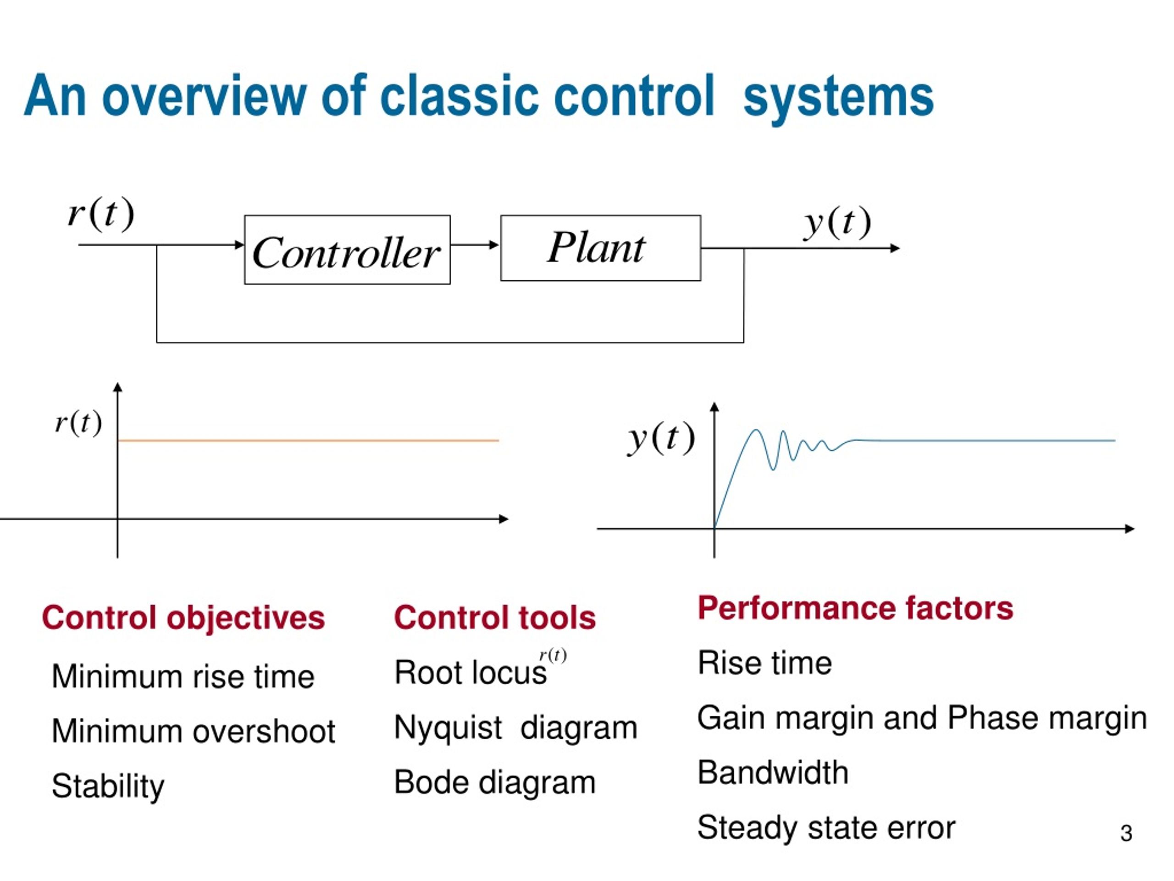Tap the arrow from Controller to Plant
click(x=475, y=245)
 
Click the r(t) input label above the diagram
click(x=101, y=213)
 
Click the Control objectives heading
click(x=183, y=618)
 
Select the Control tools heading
click(x=495, y=618)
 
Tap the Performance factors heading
click(x=855, y=608)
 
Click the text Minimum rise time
click(x=183, y=676)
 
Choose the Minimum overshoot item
click(x=193, y=731)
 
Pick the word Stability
click(x=108, y=786)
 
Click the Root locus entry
click(x=470, y=672)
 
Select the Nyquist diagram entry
click(x=515, y=728)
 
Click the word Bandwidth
click(x=773, y=773)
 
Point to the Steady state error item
click(x=826, y=828)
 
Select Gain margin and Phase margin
click(x=922, y=719)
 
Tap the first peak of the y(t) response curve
click(x=756, y=430)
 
